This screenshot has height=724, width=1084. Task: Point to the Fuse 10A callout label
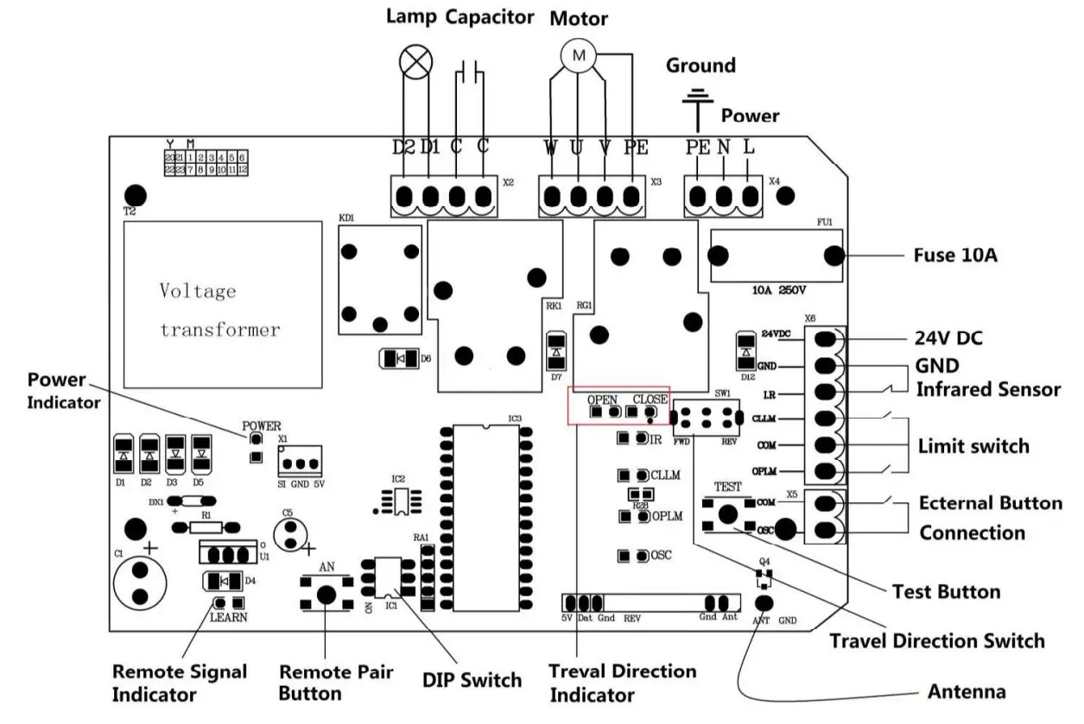tap(955, 255)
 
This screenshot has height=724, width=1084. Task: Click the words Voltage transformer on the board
tap(219, 310)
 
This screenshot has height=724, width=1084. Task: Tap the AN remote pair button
tap(326, 594)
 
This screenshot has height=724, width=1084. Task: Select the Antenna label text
tap(966, 691)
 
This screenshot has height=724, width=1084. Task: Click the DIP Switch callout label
tap(472, 679)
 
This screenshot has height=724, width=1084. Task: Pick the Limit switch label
tap(973, 446)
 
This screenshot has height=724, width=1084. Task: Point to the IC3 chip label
tap(515, 419)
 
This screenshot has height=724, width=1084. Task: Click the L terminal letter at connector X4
tap(748, 148)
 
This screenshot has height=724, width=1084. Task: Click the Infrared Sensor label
tap(987, 389)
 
